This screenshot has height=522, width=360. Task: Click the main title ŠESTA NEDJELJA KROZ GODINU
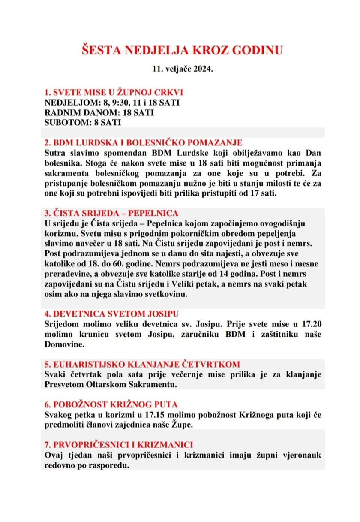(182, 50)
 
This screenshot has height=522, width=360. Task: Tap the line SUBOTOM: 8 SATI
(83, 123)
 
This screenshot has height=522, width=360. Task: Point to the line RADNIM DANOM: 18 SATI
(99, 113)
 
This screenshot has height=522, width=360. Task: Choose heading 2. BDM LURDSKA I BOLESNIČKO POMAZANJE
(144, 142)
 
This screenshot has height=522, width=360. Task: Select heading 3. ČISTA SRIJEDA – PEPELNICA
(111, 213)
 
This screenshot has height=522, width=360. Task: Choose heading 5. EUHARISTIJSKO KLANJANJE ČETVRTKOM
(142, 365)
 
